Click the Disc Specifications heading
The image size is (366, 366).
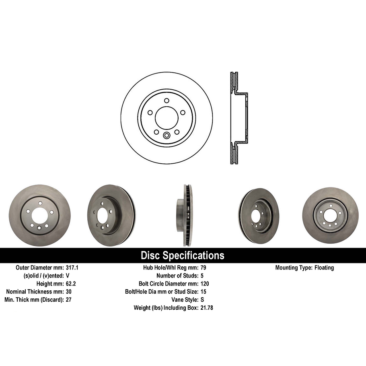pyautogui.click(x=182, y=255)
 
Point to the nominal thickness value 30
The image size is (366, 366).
pyautogui.click(x=69, y=292)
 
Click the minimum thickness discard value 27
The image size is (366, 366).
pyautogui.click(x=69, y=300)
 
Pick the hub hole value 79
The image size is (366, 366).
pyautogui.click(x=203, y=267)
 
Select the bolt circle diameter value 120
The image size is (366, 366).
pyautogui.click(x=205, y=284)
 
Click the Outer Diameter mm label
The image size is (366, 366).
pyautogui.click(x=39, y=267)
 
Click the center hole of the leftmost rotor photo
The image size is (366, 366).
pyautogui.click(x=39, y=216)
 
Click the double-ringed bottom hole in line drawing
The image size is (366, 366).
pyautogui.click(x=167, y=136)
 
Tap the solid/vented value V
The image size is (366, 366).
pyautogui.click(x=68, y=276)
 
